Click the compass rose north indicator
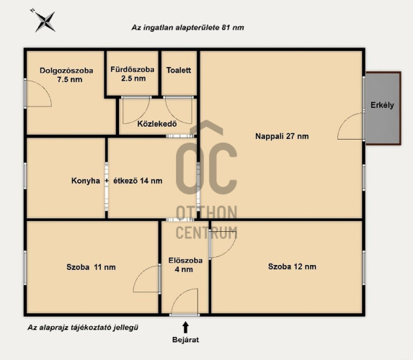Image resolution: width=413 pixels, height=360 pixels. click(x=45, y=21)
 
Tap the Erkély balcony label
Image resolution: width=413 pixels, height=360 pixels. click(x=382, y=105)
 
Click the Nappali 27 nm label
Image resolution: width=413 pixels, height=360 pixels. click(x=282, y=136)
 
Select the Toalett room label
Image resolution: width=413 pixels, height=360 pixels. click(x=179, y=70)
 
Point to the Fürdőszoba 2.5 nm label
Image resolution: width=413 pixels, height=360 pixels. click(x=133, y=74)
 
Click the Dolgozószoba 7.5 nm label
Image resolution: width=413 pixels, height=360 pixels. click(x=66, y=75)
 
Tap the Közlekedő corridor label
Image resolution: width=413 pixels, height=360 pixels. click(x=157, y=124)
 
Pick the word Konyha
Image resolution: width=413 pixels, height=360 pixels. click(x=86, y=181)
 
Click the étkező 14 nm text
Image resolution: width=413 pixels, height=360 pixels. click(x=138, y=181)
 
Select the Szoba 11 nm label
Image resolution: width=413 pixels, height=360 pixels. click(x=91, y=267)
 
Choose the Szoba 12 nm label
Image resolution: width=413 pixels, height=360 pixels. click(x=292, y=266)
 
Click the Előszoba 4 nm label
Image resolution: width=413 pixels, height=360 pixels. click(x=185, y=265)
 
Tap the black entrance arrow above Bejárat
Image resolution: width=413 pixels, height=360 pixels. click(x=185, y=328)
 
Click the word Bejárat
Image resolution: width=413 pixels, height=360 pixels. click(x=185, y=339)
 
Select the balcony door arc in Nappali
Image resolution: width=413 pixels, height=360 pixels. click(x=345, y=121)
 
